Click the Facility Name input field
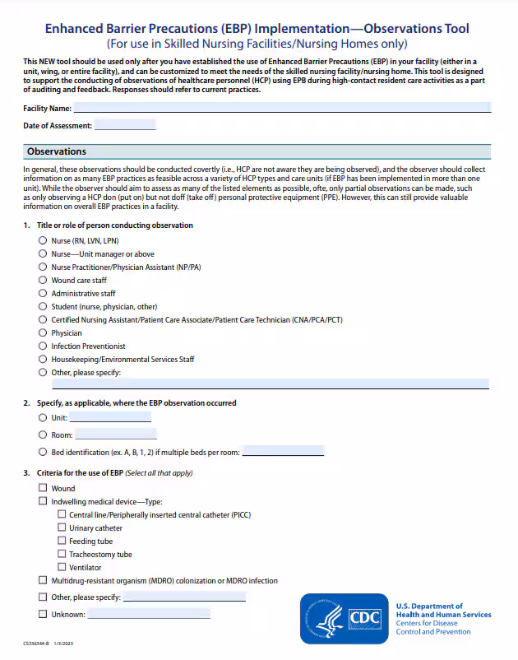282,108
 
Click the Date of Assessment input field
125,125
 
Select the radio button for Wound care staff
43,281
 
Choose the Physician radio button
43,333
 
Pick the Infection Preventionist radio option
43,346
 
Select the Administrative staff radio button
43,294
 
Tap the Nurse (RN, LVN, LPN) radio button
43,241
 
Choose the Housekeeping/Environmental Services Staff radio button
43,360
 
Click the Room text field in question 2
115,435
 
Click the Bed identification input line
283,452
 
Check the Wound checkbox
43,488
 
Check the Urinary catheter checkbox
62,528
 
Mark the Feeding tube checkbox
62,541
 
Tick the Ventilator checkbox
62,568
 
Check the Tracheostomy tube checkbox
62,555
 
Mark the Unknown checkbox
43,614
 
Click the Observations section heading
56,151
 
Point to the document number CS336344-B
39,644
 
